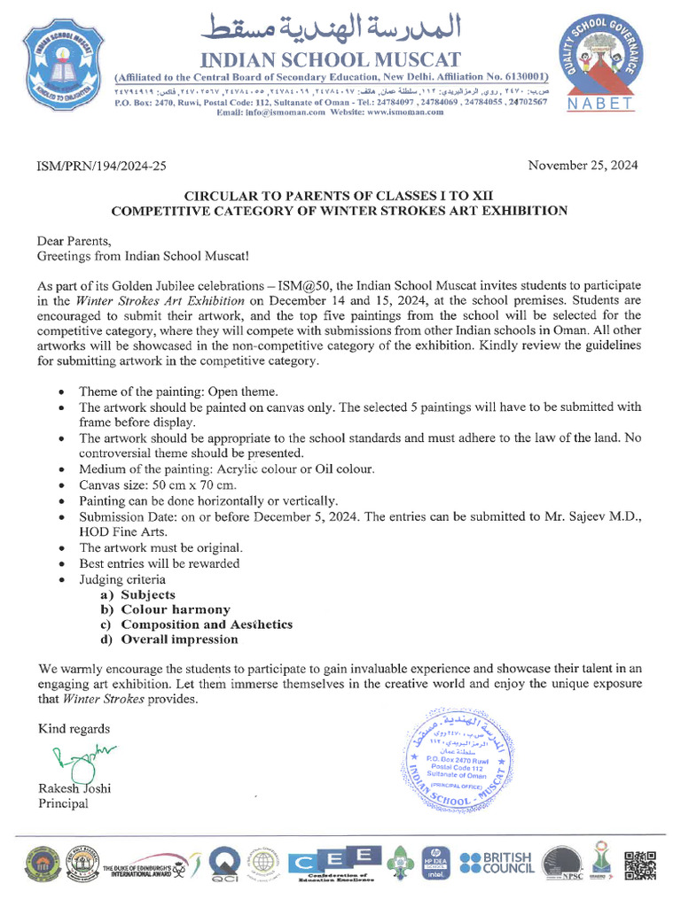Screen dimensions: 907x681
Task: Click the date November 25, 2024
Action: pos(582,166)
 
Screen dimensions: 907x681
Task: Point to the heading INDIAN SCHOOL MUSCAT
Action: pos(333,60)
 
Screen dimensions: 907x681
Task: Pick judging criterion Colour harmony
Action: pos(176,609)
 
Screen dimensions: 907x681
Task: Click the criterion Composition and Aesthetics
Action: pos(207,624)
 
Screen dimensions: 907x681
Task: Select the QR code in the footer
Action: pos(641,864)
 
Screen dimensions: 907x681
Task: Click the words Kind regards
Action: pos(74,729)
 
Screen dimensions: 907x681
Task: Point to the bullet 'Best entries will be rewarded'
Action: pos(159,563)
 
